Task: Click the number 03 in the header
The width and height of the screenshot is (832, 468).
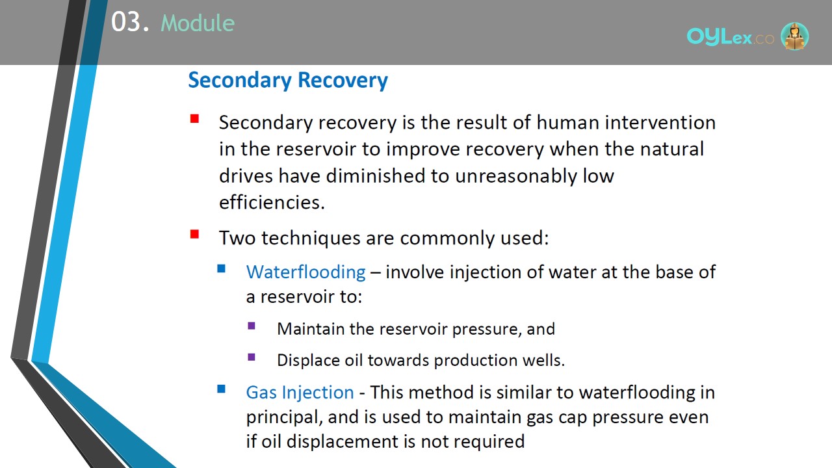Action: pyautogui.click(x=125, y=22)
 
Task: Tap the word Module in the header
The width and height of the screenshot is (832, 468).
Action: pyautogui.click(x=198, y=23)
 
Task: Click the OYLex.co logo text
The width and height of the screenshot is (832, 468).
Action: pyautogui.click(x=730, y=37)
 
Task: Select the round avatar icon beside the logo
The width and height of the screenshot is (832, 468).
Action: pyautogui.click(x=794, y=36)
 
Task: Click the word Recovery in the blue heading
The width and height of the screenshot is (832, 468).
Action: pyautogui.click(x=343, y=81)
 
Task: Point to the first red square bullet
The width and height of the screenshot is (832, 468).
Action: pyautogui.click(x=194, y=119)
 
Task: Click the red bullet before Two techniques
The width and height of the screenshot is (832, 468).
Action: pyautogui.click(x=194, y=235)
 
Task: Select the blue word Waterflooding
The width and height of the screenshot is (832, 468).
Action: pyautogui.click(x=305, y=272)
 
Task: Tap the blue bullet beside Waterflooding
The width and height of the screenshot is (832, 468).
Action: pyautogui.click(x=221, y=268)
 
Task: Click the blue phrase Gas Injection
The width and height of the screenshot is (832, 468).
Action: pyautogui.click(x=300, y=393)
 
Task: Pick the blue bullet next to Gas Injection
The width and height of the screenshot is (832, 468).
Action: pyautogui.click(x=221, y=389)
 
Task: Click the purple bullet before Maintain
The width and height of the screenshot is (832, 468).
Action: pyautogui.click(x=252, y=326)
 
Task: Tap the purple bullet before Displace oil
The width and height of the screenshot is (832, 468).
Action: pyautogui.click(x=252, y=357)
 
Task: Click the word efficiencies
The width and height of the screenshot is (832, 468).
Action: pyautogui.click(x=272, y=202)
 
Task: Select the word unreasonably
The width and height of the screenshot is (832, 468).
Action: pyautogui.click(x=516, y=176)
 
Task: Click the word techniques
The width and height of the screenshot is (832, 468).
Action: pyautogui.click(x=311, y=238)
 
